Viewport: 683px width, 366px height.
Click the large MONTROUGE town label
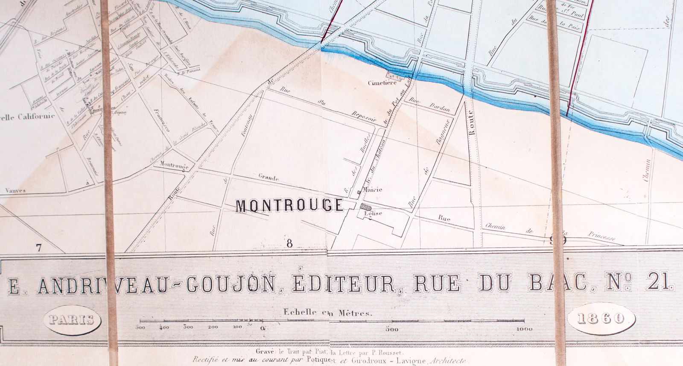290,206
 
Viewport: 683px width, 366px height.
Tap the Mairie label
372,189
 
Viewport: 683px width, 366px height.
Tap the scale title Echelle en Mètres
328,312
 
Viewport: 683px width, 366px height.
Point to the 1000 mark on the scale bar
523,329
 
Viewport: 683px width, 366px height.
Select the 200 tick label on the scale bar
213,328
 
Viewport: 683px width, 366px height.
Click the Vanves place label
15,191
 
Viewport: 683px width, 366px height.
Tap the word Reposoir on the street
363,117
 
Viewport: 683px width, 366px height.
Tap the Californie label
35,116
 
